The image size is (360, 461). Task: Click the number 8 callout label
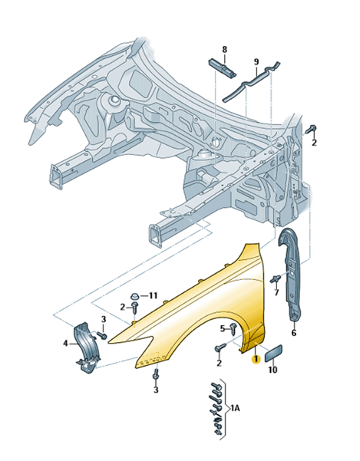coord(225,49)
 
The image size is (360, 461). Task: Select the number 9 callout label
coord(256,61)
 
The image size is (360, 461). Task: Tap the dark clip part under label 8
coord(222,68)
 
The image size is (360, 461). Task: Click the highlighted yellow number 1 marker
coord(256,359)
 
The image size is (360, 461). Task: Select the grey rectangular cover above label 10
coord(274,353)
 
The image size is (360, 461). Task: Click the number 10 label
coord(272,370)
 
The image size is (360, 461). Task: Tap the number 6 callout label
coord(294,333)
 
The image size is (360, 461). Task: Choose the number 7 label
coord(276,292)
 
